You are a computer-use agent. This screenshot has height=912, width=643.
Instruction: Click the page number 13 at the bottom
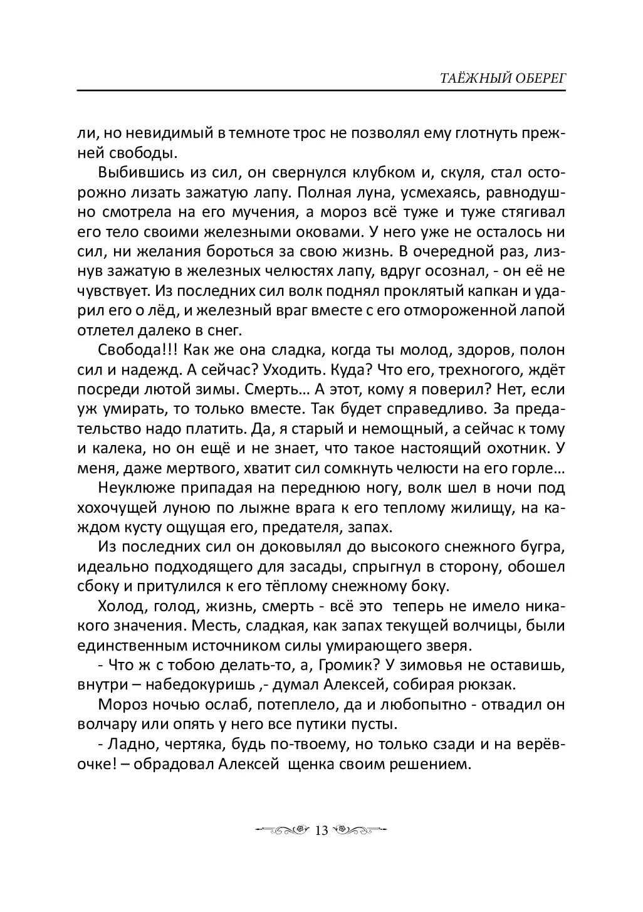(x=321, y=831)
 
